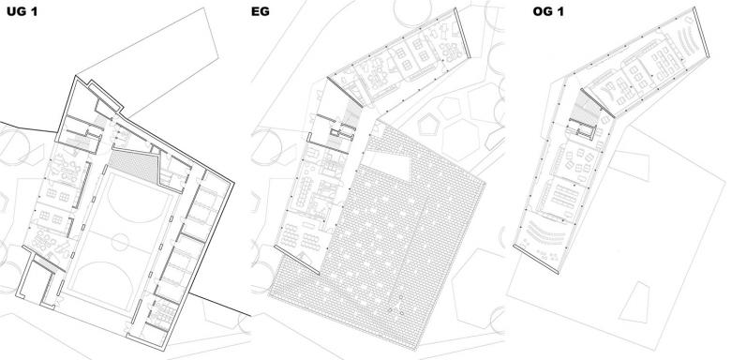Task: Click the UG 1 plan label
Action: tap(22, 11)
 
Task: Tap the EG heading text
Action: tap(261, 11)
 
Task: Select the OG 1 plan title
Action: tap(548, 11)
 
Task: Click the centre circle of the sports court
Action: tap(120, 242)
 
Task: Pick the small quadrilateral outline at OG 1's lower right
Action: tap(635, 303)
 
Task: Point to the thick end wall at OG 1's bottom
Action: tap(536, 258)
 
